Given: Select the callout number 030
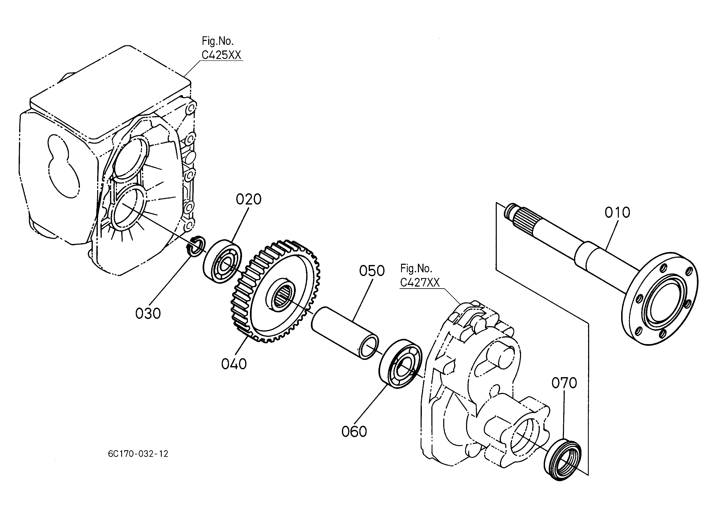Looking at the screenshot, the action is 148,314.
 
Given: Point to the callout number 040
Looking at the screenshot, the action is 234,364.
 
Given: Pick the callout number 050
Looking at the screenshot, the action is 372,271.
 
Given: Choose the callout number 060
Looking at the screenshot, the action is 354,432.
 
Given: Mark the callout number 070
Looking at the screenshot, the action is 564,383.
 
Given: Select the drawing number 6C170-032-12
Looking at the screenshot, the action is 138,454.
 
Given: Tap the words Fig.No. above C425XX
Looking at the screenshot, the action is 218,41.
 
